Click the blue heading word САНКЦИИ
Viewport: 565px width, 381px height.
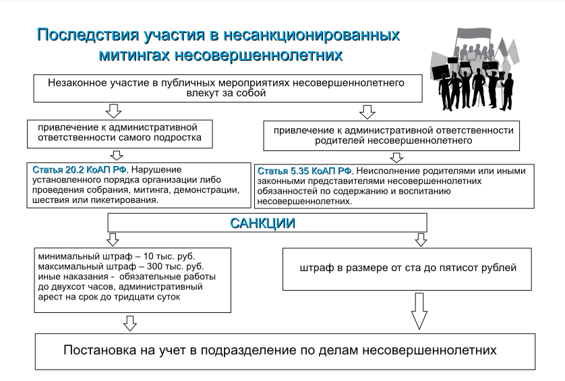click(x=262, y=223)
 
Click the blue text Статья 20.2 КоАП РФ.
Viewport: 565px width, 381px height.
click(x=80, y=169)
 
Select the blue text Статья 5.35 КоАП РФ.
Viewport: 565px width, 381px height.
click(x=305, y=171)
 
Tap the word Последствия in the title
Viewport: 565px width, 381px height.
click(x=88, y=35)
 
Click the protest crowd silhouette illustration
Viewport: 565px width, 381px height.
click(x=475, y=69)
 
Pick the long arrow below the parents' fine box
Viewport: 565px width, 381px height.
click(x=419, y=311)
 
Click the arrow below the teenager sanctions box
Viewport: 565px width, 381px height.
click(x=129, y=323)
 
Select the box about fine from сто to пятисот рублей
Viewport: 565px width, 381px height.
click(x=407, y=269)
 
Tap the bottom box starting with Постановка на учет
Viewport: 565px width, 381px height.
click(x=285, y=351)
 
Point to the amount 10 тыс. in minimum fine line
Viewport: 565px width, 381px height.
click(x=160, y=256)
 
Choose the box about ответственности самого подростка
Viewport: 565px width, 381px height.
click(x=119, y=134)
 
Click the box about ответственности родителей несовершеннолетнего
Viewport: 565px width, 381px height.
click(x=391, y=136)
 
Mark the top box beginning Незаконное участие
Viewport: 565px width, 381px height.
click(x=228, y=88)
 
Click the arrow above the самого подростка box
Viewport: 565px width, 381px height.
click(x=113, y=111)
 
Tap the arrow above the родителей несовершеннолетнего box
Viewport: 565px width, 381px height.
click(x=367, y=112)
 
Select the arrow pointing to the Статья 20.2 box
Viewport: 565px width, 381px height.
click(x=117, y=155)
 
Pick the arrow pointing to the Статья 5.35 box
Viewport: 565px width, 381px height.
click(x=396, y=158)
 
